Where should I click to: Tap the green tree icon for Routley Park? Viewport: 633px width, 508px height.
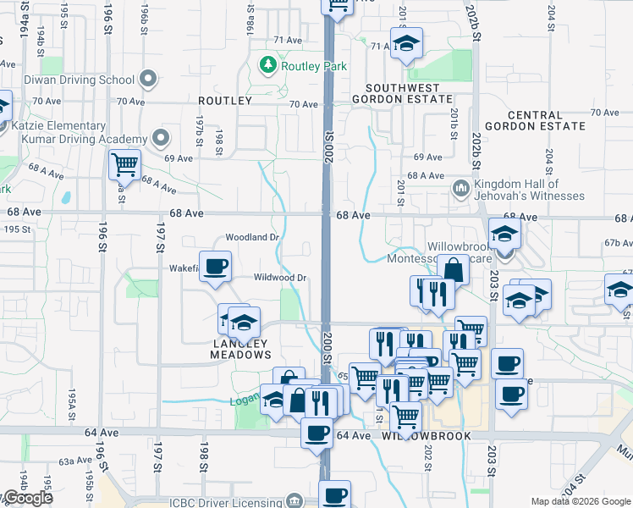pos(268,64)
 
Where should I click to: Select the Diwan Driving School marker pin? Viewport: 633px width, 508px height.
pos(150,80)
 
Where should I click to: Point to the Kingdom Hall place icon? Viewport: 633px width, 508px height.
pos(461,186)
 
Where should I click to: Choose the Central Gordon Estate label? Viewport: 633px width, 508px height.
pos(546,120)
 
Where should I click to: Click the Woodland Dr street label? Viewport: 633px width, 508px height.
pos(252,238)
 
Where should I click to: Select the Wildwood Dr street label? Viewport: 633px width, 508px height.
pos(280,277)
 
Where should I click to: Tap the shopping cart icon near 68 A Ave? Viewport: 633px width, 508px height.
pos(124,163)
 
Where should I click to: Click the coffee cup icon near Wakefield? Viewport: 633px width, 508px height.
pos(215,266)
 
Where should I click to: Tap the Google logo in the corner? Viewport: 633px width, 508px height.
pos(27,499)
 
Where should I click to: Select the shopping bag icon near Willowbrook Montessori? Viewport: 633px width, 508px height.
pos(454,270)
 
